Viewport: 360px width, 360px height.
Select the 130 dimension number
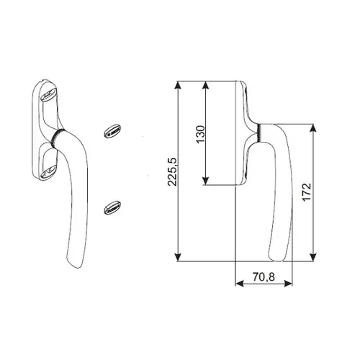point(200,134)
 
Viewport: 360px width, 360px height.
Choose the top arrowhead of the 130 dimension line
point(207,85)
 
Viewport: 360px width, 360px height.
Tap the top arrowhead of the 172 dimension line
point(312,128)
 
